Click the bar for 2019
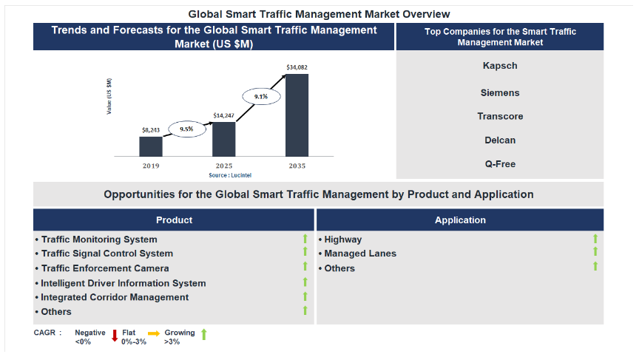(151, 146)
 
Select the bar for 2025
(224, 139)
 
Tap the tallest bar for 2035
(297, 115)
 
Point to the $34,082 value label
(297, 67)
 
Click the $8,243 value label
(151, 130)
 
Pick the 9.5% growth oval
(186, 129)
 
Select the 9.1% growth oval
(261, 97)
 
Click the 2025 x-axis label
(224, 166)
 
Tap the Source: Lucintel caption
(230, 175)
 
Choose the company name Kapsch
(500, 66)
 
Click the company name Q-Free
(500, 164)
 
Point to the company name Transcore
(500, 116)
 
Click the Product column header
(174, 220)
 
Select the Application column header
(460, 220)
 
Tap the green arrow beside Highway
(595, 239)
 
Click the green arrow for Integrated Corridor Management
(305, 296)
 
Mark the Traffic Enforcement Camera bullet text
(105, 268)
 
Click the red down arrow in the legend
(115, 336)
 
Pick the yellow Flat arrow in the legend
(154, 333)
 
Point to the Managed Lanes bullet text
(360, 254)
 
